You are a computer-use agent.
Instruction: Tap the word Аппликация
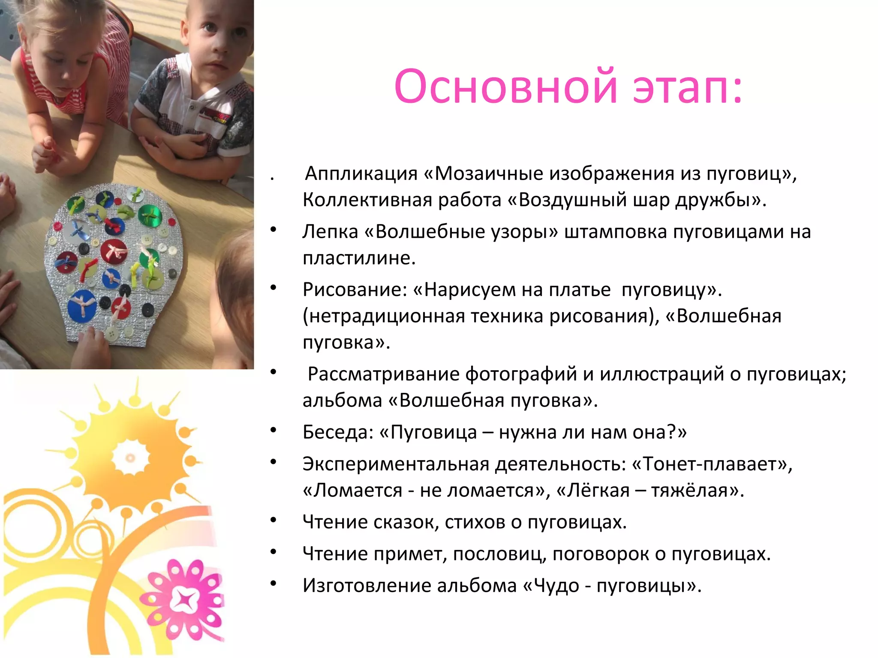click(x=361, y=173)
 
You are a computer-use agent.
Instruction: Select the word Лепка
click(x=330, y=232)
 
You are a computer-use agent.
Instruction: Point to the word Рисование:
click(x=355, y=290)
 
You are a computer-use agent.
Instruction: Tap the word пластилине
click(x=358, y=258)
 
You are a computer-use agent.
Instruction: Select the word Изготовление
click(x=367, y=586)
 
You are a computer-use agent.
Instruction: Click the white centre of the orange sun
click(x=130, y=458)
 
